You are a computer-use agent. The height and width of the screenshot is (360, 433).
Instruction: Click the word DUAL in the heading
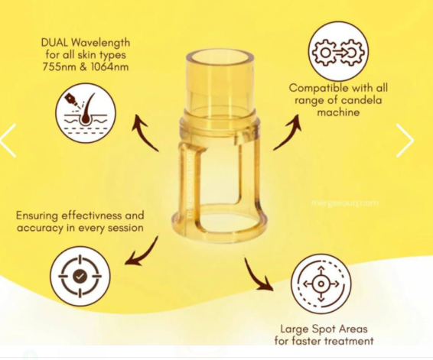tap(54, 43)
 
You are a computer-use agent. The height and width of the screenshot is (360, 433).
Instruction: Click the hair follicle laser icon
tap(86, 113)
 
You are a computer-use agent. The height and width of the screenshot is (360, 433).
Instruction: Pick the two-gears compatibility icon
tap(338, 51)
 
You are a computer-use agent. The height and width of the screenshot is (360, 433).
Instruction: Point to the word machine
tap(338, 112)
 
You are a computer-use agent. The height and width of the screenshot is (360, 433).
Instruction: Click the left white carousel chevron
tap(8, 141)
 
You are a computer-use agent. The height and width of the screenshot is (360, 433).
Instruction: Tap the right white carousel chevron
tap(405, 141)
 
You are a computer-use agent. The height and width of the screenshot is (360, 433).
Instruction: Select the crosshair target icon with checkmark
tap(80, 276)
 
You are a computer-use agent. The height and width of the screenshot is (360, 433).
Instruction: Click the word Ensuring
tap(37, 216)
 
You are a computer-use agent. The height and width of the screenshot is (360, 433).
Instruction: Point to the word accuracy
tap(39, 228)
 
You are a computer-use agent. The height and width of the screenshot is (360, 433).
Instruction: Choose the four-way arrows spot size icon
tap(321, 284)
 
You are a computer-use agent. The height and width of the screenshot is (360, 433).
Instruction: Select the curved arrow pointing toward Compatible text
tap(287, 132)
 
